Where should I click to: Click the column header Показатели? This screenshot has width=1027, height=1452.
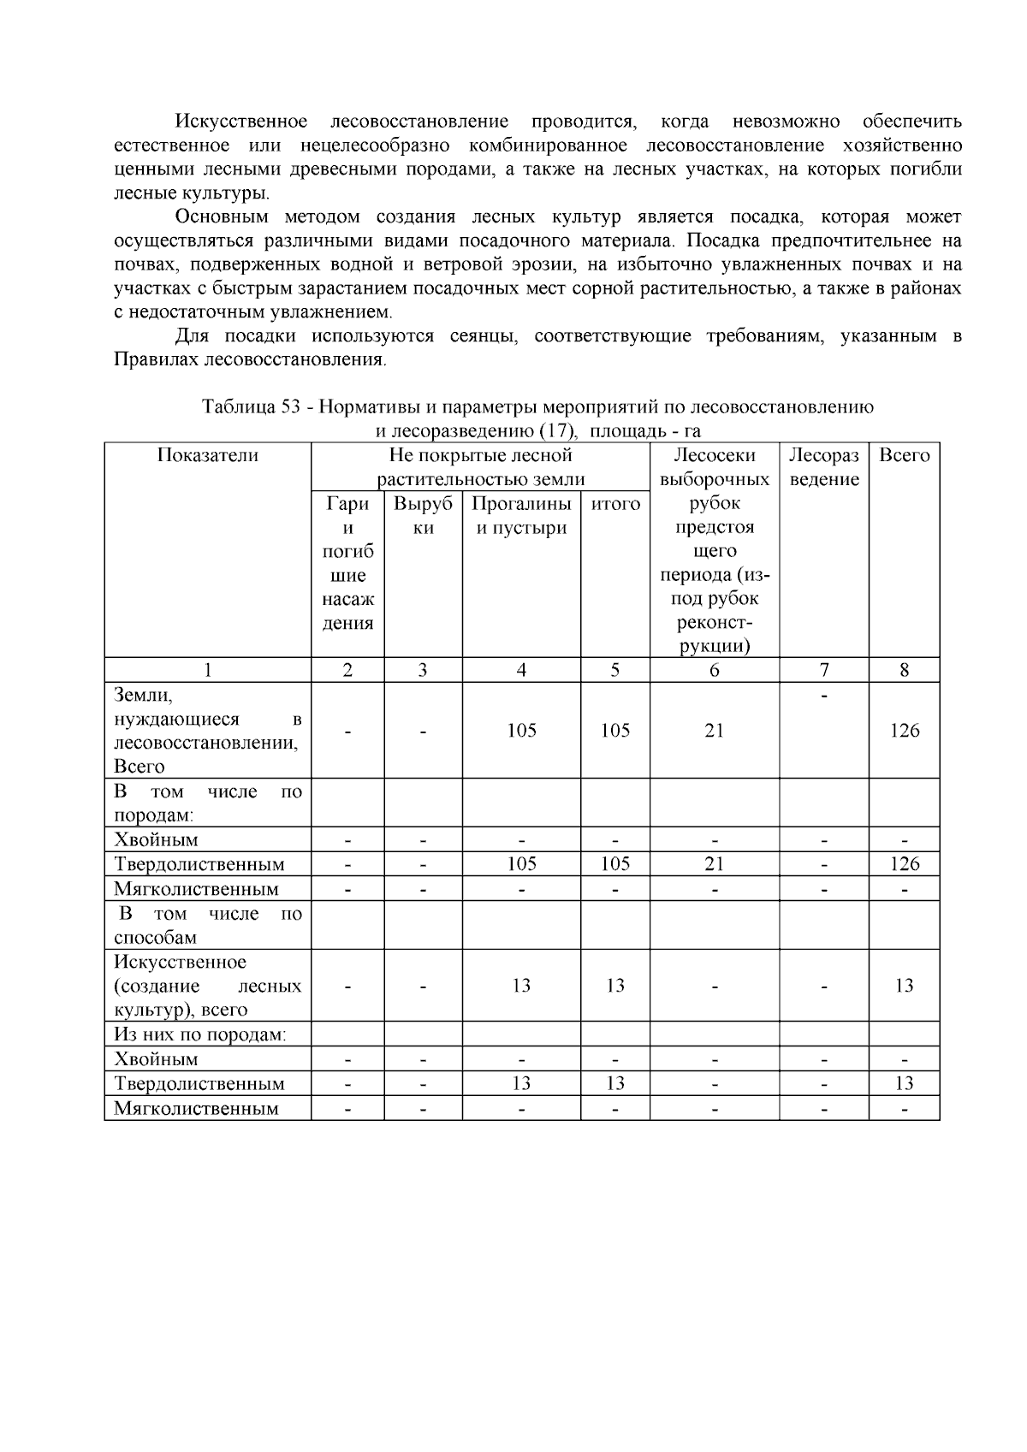click(207, 455)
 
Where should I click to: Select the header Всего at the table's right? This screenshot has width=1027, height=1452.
click(904, 455)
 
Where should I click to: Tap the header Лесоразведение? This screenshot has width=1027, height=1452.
click(823, 467)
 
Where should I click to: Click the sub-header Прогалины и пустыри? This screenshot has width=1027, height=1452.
click(521, 515)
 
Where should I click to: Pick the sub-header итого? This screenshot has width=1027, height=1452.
click(615, 504)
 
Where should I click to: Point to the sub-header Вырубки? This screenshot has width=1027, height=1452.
click(423, 515)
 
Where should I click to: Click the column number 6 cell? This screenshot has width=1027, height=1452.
click(714, 670)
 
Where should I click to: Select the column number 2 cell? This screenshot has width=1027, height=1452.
click(347, 670)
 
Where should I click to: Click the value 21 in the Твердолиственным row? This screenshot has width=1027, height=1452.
click(714, 864)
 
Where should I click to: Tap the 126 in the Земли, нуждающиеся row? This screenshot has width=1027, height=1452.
click(904, 730)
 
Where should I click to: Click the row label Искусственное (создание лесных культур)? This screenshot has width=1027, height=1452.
click(207, 986)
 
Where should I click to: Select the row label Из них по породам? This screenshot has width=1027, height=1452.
click(200, 1034)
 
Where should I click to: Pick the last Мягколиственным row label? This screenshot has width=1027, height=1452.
click(197, 1108)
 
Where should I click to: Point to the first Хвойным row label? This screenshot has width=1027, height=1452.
click(156, 839)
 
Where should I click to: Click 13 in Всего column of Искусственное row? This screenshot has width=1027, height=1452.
click(904, 986)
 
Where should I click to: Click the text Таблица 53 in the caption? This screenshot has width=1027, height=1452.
click(250, 406)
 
